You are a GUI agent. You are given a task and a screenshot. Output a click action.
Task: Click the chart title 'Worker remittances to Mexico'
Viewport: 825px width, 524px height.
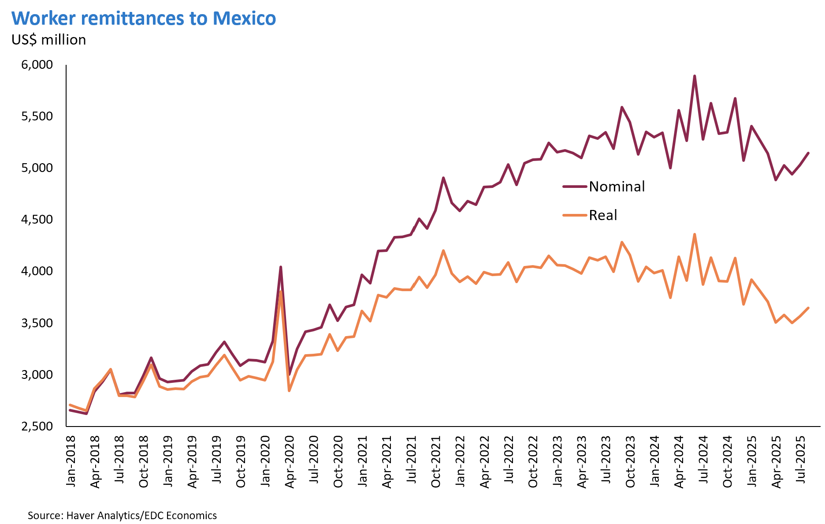144,19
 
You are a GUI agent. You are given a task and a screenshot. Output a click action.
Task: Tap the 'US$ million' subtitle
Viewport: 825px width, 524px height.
49,40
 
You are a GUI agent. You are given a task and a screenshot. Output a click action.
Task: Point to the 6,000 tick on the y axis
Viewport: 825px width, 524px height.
37,65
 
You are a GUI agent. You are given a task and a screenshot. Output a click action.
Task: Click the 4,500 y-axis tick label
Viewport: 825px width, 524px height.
37,220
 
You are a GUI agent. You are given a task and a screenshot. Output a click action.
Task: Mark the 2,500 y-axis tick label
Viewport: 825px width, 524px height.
37,426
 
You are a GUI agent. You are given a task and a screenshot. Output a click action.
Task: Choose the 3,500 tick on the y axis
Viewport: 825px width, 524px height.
37,323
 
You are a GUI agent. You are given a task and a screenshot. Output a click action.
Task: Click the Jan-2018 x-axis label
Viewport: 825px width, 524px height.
71,461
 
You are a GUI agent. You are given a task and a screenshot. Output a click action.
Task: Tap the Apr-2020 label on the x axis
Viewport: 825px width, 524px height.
290,461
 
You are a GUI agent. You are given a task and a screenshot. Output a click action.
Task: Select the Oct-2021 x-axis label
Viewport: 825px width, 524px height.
436,461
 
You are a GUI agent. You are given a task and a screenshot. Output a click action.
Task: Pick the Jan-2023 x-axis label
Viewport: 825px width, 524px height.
557,461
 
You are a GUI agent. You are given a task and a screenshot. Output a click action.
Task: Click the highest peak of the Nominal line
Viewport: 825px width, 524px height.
695,76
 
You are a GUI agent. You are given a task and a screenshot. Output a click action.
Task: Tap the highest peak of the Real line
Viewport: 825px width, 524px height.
695,234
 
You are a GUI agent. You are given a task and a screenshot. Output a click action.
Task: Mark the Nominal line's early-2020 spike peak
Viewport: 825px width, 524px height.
281,266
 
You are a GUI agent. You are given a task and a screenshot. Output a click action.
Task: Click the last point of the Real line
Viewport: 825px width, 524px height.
808,308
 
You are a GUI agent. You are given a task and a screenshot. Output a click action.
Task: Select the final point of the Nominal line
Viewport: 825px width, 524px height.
808,153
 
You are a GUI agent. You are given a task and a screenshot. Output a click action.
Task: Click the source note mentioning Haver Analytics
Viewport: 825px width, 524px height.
122,515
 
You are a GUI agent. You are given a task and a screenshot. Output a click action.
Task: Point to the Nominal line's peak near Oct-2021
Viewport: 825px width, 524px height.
443,178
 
